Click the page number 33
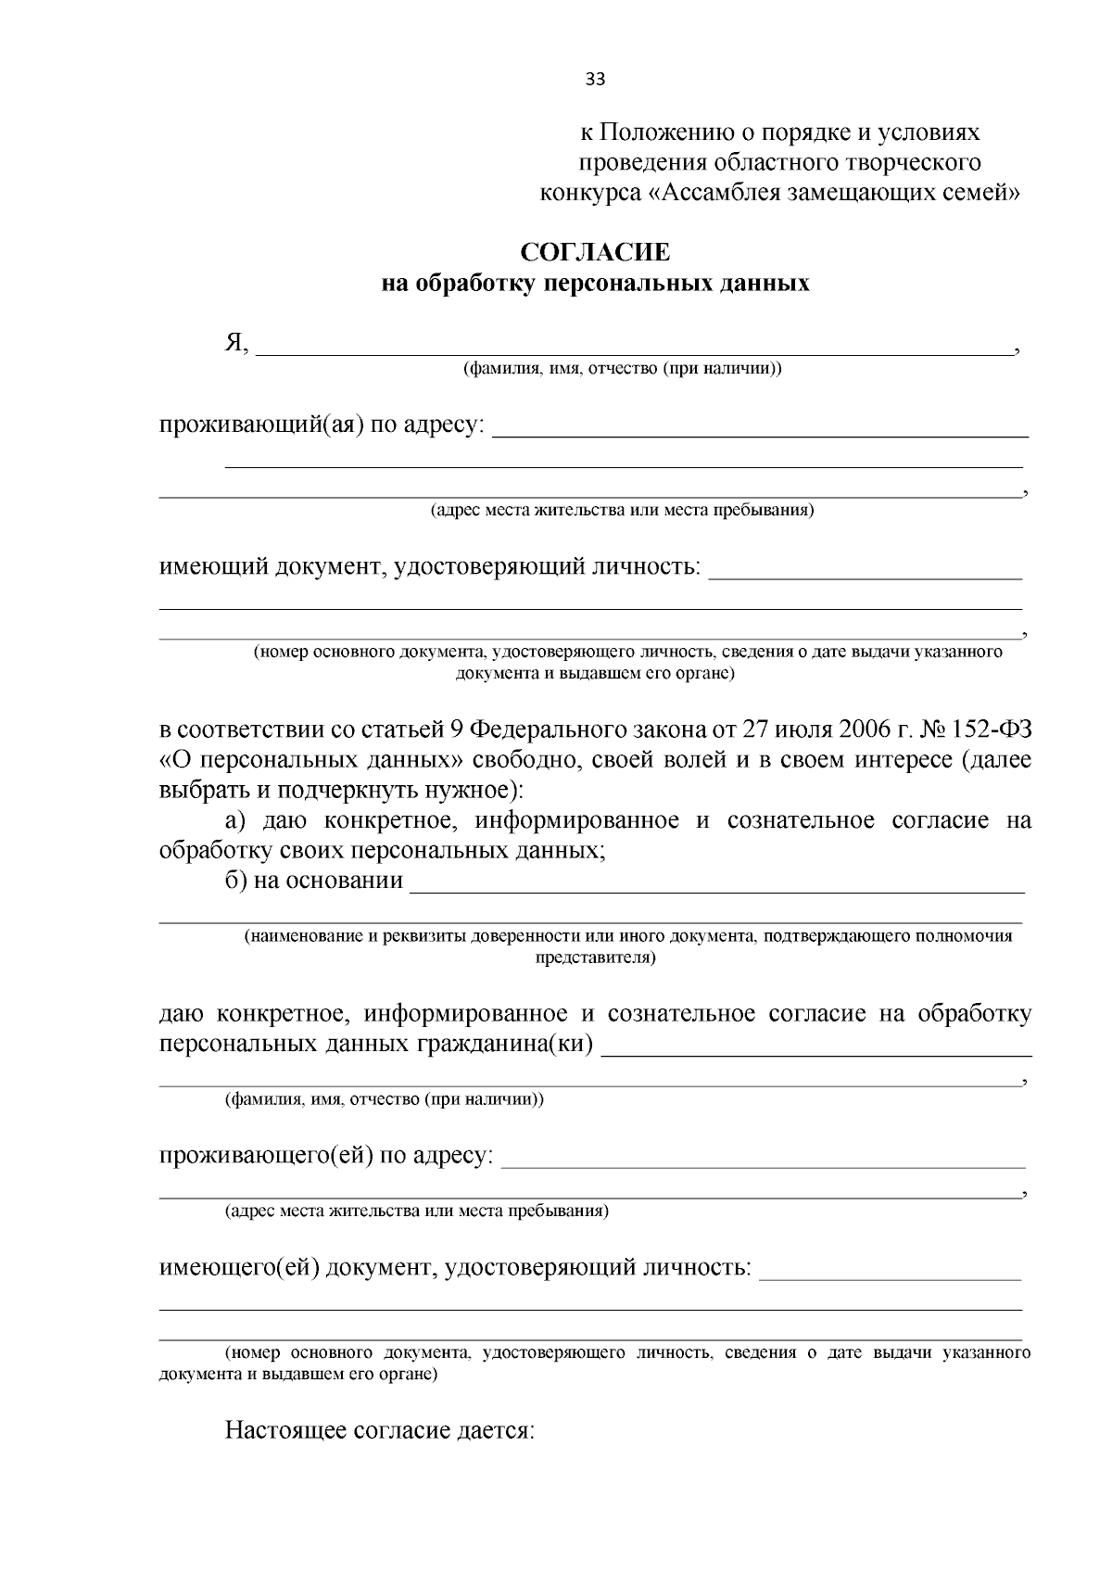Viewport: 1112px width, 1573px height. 595,80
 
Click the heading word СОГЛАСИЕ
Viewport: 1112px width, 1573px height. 595,252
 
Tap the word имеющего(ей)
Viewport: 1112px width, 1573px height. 240,1267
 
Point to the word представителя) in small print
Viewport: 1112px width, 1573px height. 595,958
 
